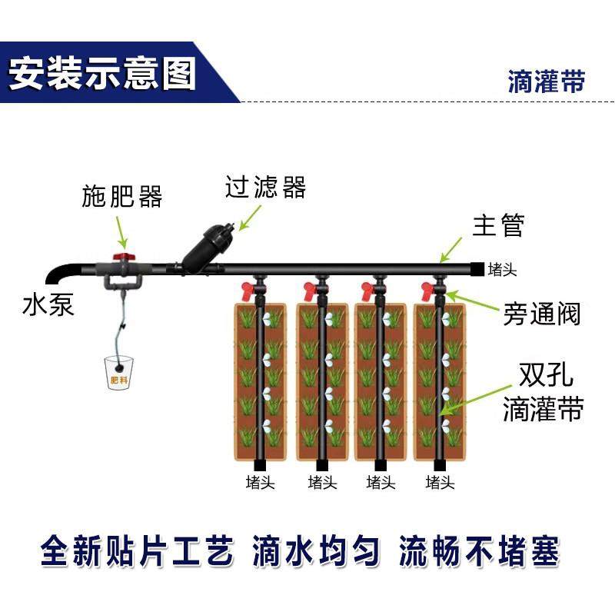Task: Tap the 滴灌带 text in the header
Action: pyautogui.click(x=546, y=81)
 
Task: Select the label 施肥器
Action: pyautogui.click(x=122, y=197)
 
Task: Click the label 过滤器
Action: pyautogui.click(x=265, y=187)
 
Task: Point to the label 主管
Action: pyautogui.click(x=497, y=226)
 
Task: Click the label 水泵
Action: pyautogui.click(x=48, y=305)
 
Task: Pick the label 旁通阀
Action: pyautogui.click(x=541, y=314)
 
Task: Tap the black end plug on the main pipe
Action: pyautogui.click(x=477, y=268)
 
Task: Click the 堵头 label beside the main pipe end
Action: pyautogui.click(x=503, y=269)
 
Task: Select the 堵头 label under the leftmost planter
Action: pyautogui.click(x=260, y=483)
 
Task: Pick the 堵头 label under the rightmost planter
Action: pyautogui.click(x=440, y=483)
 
